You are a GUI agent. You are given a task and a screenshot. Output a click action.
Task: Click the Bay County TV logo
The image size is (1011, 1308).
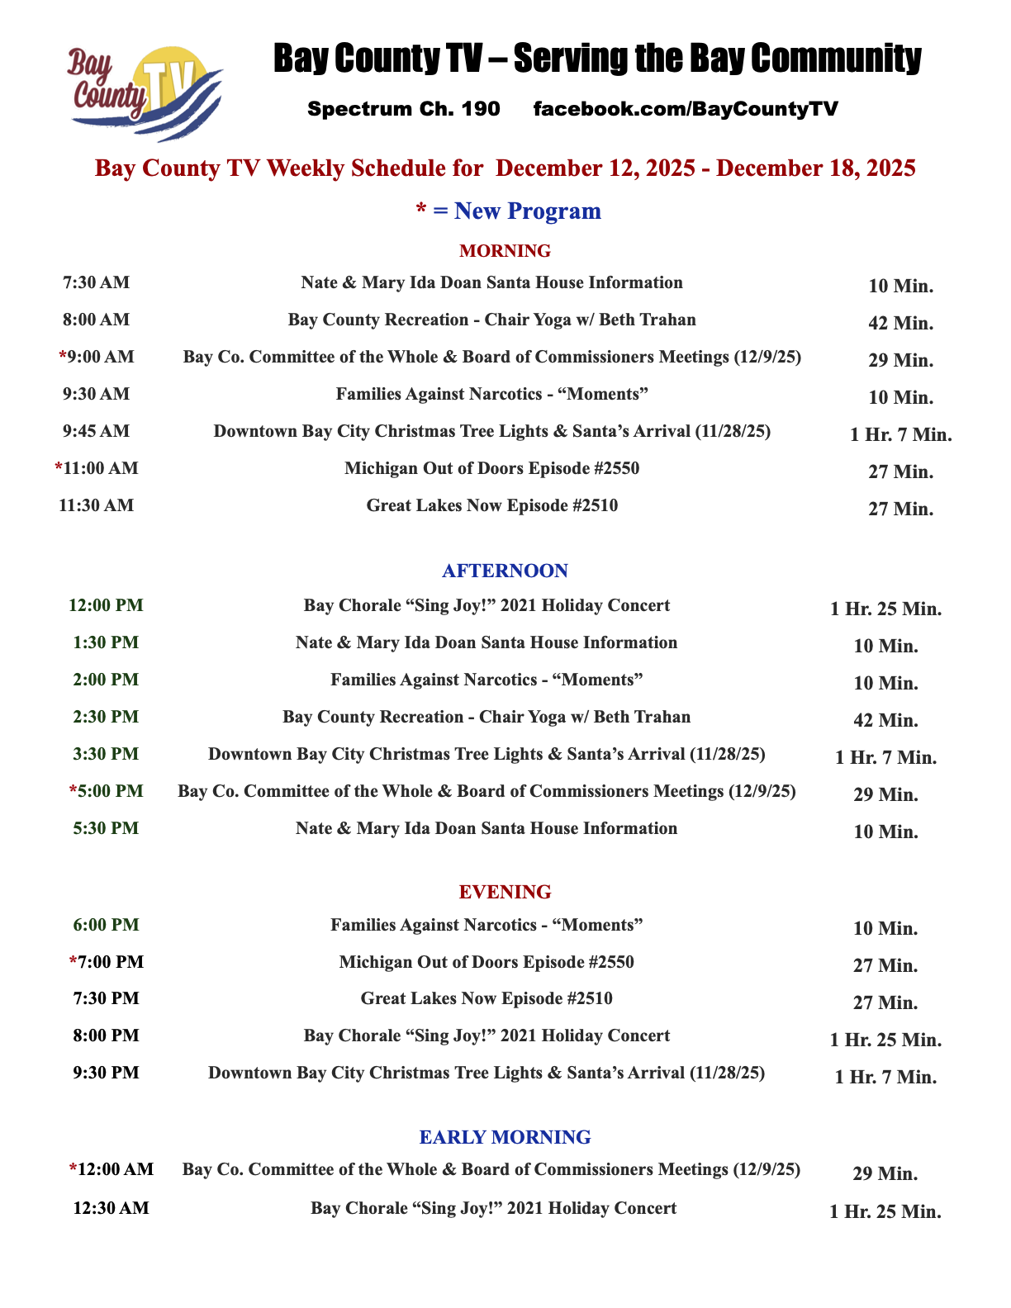pyautogui.click(x=146, y=92)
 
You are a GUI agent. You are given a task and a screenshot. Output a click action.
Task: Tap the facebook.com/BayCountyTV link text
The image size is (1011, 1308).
pyautogui.click(x=686, y=109)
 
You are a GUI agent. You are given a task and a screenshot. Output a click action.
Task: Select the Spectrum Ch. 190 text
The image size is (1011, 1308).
pyautogui.click(x=403, y=109)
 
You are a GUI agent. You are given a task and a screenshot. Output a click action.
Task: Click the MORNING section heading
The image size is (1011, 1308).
pyautogui.click(x=505, y=251)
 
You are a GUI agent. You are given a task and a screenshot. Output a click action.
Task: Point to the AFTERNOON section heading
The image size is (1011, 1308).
pyautogui.click(x=505, y=571)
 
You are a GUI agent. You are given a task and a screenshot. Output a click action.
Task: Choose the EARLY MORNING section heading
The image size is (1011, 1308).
pyautogui.click(x=505, y=1138)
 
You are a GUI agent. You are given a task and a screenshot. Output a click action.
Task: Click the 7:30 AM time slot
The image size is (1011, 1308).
pyautogui.click(x=96, y=283)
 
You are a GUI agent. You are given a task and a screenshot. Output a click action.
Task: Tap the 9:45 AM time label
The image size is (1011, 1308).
pyautogui.click(x=96, y=432)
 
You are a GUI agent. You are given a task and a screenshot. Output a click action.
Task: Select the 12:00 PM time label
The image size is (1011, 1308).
pyautogui.click(x=106, y=605)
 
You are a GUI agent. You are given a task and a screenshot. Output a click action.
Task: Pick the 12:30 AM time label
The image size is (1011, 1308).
pyautogui.click(x=111, y=1209)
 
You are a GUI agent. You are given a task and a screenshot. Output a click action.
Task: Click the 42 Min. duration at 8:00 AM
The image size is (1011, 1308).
pyautogui.click(x=900, y=324)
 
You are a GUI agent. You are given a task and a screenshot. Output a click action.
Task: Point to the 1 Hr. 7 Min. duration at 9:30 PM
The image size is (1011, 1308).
pyautogui.click(x=885, y=1077)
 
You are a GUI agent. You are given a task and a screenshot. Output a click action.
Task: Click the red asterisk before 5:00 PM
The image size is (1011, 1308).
pyautogui.click(x=73, y=791)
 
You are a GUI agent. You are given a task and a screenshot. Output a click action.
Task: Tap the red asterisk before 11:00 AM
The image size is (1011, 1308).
pyautogui.click(x=59, y=468)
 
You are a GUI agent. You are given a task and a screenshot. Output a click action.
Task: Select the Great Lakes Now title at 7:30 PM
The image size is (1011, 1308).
pyautogui.click(x=487, y=998)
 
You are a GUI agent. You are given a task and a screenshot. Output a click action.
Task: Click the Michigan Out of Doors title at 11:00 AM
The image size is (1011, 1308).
pyautogui.click(x=491, y=469)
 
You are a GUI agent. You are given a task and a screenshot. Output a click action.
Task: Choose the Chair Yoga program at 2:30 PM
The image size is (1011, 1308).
pyautogui.click(x=487, y=717)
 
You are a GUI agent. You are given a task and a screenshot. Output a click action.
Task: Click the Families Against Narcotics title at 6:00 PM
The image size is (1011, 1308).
pyautogui.click(x=487, y=925)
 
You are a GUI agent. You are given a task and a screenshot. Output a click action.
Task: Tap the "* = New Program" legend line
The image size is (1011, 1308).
pyautogui.click(x=508, y=211)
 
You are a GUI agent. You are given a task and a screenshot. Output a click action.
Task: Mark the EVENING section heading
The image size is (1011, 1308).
pyautogui.click(x=505, y=893)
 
